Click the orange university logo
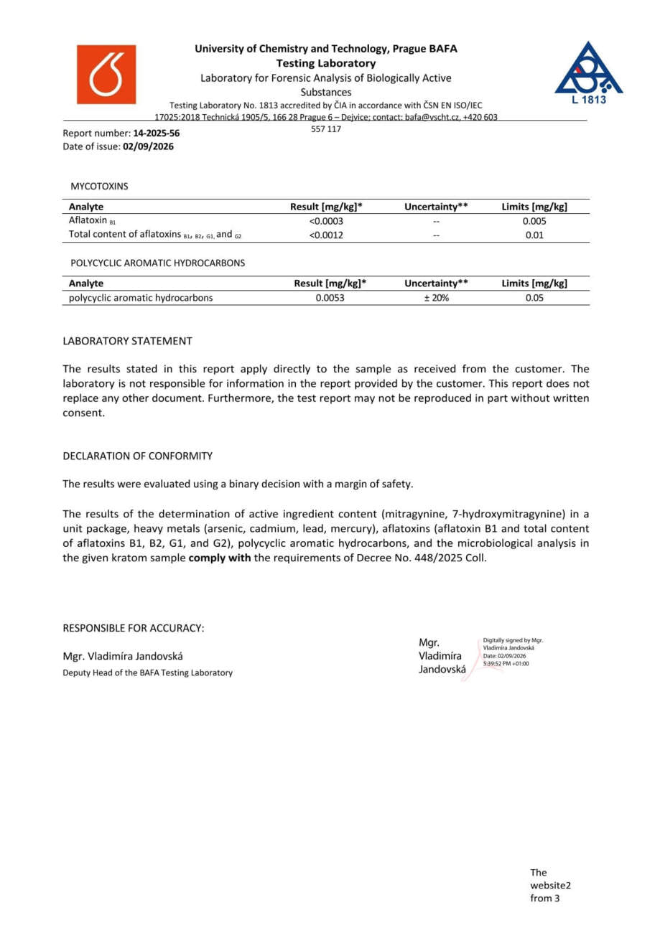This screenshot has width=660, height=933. pos(106,75)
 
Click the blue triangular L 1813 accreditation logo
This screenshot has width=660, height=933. pos(588,72)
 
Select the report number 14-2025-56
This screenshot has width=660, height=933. pos(157,133)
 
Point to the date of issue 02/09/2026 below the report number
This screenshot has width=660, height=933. pos(148,146)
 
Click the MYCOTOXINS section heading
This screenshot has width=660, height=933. pos(99,186)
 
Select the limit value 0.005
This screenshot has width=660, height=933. pos(534,221)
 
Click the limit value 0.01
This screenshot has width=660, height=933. pos(534,235)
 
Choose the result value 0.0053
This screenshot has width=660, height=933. pos(330,298)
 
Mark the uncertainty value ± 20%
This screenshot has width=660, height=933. pos(436,298)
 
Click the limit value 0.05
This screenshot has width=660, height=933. pos(534,298)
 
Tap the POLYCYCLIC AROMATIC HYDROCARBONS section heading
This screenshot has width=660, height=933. pos(157,263)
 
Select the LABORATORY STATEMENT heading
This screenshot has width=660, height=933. pos(127,341)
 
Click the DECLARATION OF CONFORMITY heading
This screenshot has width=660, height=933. pos(138,456)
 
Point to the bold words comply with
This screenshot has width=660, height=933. pos(219,558)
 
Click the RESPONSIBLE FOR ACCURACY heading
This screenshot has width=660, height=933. pos(134,628)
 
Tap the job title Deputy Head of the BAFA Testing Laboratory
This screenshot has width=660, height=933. pos(148,672)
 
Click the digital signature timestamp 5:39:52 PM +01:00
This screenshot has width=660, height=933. pos(506,664)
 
